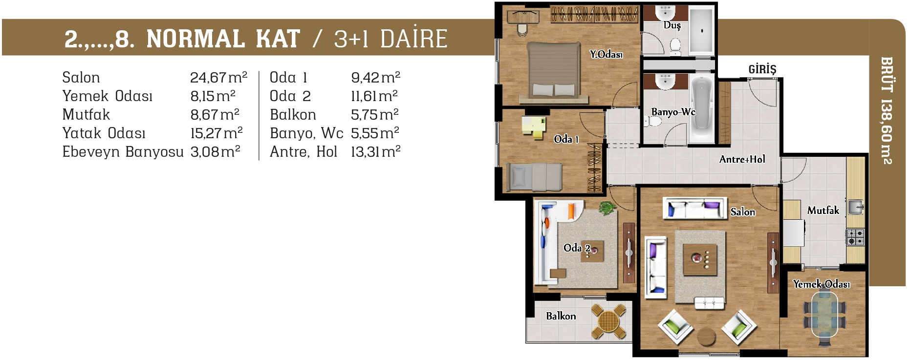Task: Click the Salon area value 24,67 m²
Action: (218, 77)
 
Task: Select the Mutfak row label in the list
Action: (86, 114)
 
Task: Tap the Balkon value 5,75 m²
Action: (375, 114)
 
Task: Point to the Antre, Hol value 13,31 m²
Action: (375, 151)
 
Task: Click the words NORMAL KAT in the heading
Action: (223, 39)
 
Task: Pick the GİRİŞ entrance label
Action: (762, 69)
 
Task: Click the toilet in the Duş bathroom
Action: (675, 45)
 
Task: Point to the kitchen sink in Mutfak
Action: (855, 207)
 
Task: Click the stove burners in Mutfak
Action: (855, 237)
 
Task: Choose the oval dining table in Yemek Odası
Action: (824, 314)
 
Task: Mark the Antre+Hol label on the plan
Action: (742, 159)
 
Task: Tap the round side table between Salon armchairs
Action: (706, 337)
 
